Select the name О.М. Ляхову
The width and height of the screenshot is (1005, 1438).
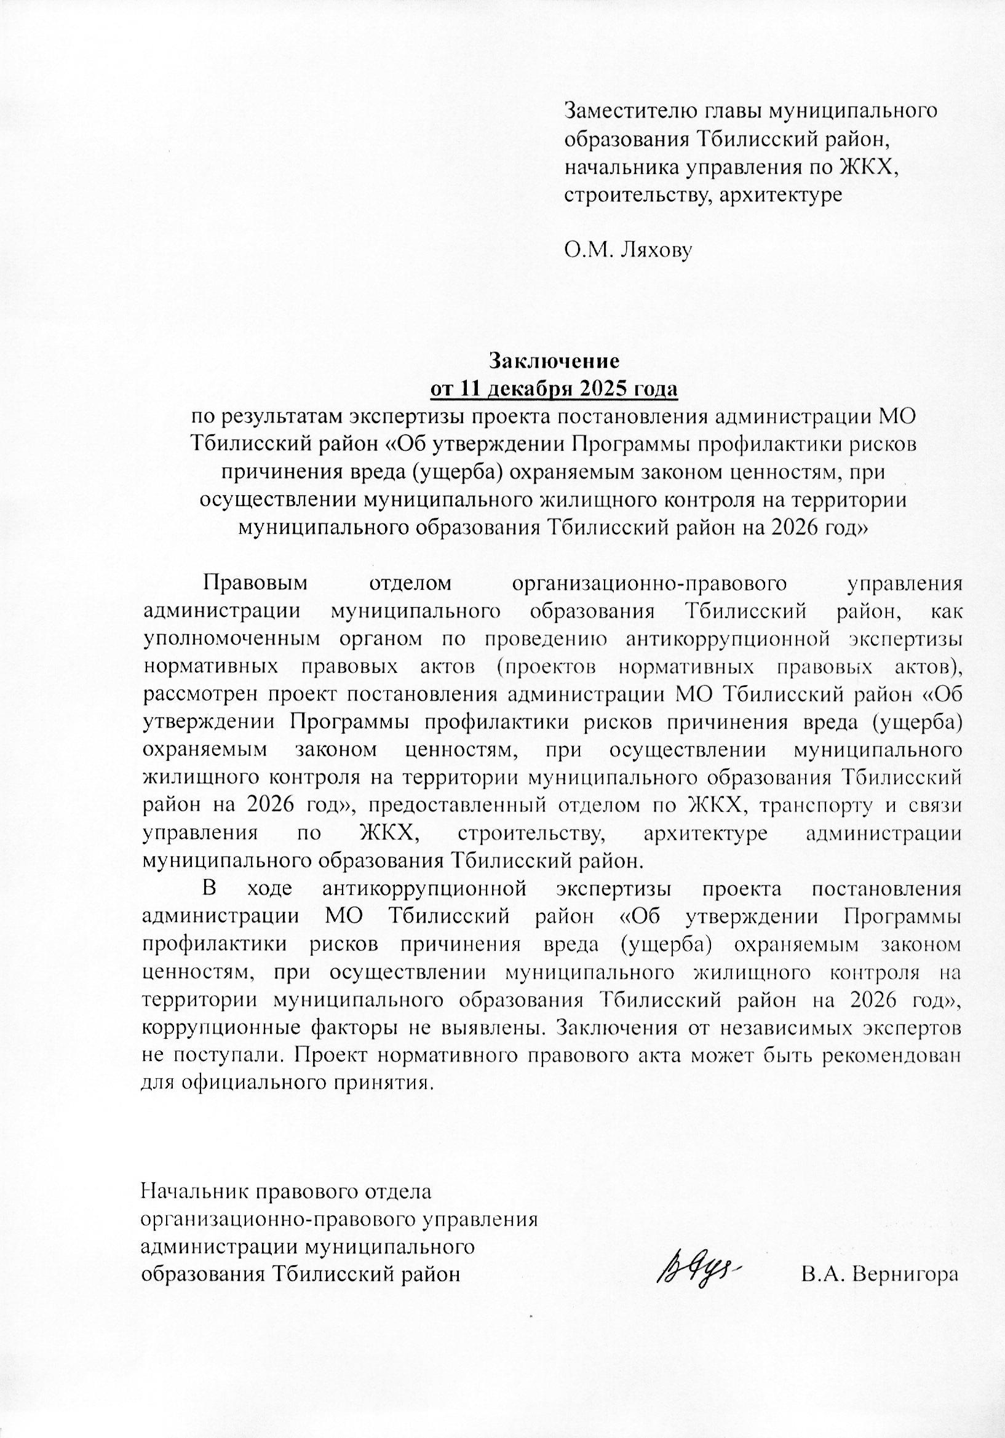[628, 251]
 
